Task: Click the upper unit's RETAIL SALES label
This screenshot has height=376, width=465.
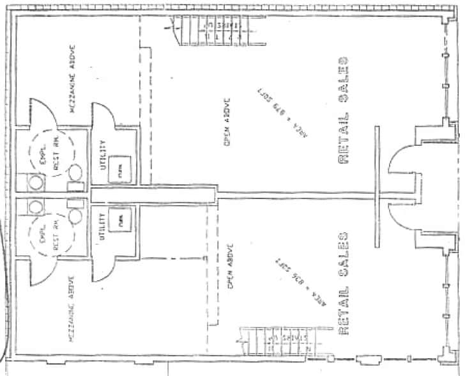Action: [x=344, y=113]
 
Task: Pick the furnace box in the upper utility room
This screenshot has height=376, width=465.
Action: [x=119, y=169]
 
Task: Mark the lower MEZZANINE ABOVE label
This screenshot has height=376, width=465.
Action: [x=72, y=306]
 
